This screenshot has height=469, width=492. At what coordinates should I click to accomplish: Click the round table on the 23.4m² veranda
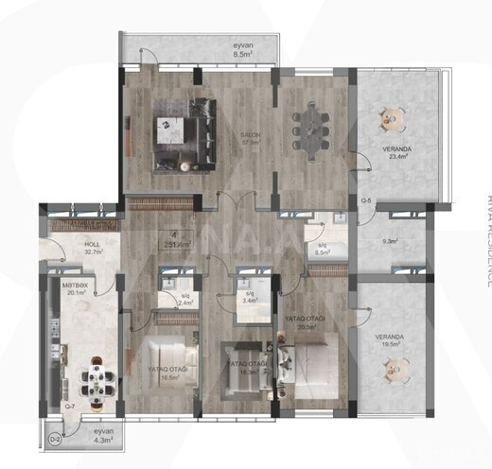click(391, 118)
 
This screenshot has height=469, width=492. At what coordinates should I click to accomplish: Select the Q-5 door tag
click(366, 200)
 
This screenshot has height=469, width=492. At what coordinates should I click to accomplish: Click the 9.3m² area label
click(389, 241)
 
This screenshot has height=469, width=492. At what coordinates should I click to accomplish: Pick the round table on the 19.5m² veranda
click(391, 372)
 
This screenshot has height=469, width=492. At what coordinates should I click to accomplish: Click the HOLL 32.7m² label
click(79, 249)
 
